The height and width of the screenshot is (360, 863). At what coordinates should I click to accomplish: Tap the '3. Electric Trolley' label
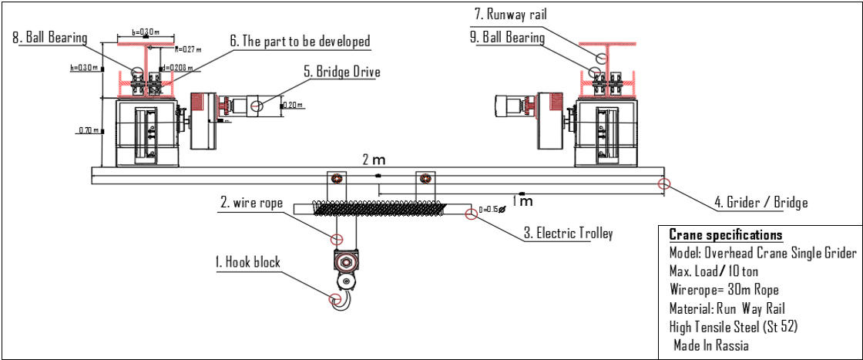point(569,233)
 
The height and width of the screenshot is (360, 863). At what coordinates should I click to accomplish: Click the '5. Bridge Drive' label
point(341,72)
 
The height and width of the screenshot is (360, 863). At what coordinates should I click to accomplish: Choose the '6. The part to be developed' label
point(300,41)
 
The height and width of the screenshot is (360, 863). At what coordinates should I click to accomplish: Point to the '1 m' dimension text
point(524,201)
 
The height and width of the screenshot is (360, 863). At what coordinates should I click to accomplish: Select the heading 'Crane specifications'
point(725,235)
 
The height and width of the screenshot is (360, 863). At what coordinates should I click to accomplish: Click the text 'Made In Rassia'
point(710,345)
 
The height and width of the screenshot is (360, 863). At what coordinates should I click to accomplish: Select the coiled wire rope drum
point(378,208)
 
